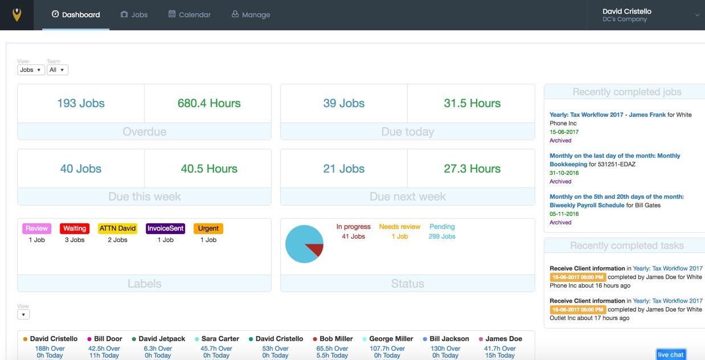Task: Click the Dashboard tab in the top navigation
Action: coord(76,15)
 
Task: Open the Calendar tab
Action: coord(190,15)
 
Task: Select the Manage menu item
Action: coord(251,15)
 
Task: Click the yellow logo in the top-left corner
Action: coord(17,15)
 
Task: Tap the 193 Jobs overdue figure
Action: coord(81,103)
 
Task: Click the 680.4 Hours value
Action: coord(209,103)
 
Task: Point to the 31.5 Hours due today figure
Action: coord(472,103)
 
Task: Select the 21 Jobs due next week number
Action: coord(344,169)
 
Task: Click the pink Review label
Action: coord(36,228)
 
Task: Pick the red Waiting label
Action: coord(75,228)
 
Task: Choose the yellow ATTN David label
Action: coord(117,228)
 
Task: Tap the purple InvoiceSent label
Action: coord(166,228)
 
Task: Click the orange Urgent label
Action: coord(208,228)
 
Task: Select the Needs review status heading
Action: coord(400,227)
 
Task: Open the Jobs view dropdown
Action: coord(31,70)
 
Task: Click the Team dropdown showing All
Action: coord(57,70)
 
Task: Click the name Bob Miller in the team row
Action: coord(336,338)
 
